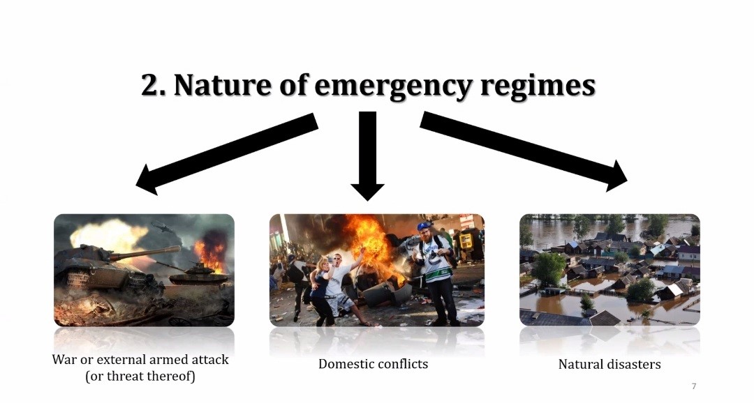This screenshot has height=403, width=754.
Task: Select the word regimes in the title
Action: pos(538,87)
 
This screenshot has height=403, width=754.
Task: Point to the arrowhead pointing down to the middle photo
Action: pos(367,192)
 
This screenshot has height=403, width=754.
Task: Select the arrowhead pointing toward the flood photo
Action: pos(616,176)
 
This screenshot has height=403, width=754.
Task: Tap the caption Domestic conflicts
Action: pos(373,364)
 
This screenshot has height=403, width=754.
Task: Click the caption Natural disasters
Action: pos(609,364)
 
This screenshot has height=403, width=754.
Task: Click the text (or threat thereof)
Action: pos(140,376)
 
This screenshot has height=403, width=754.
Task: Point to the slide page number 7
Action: pos(694,386)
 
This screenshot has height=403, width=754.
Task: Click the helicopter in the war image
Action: pos(163,226)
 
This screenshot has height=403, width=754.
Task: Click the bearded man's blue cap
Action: pos(424,226)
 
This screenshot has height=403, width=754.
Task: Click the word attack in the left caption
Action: pos(210,359)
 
